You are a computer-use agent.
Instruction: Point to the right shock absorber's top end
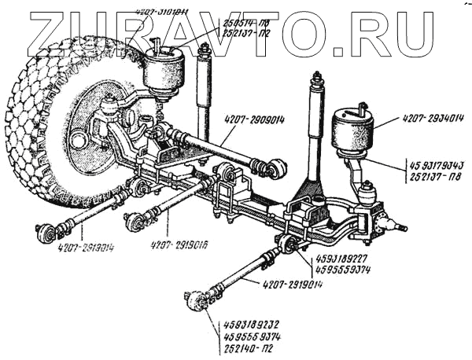click(318, 80)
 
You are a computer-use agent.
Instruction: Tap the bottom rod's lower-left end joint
click(197, 302)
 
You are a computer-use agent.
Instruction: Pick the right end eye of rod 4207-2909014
click(277, 168)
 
